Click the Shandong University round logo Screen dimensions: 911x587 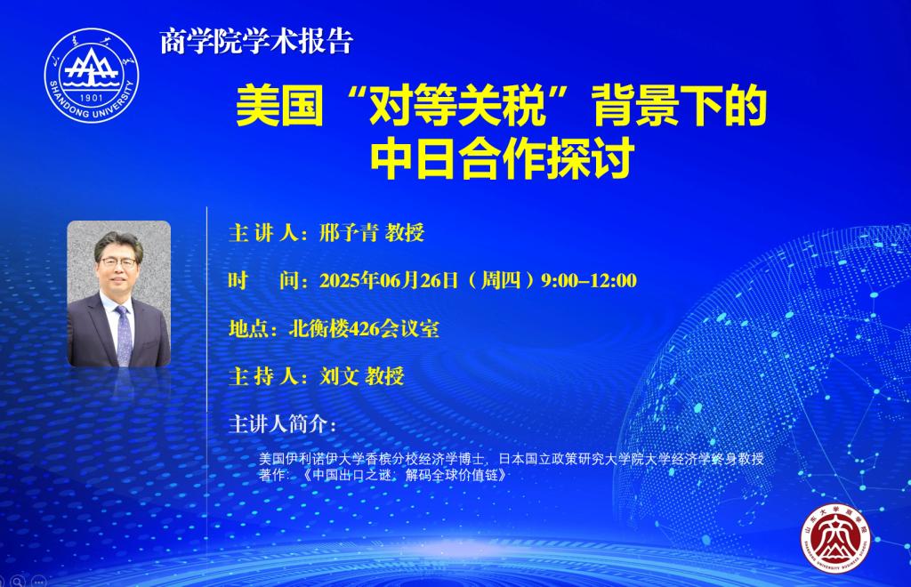pos(92,75)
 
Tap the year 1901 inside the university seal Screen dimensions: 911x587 pos(92,98)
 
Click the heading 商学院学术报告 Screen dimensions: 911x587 pos(256,42)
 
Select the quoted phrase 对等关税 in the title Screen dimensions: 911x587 pos(457,106)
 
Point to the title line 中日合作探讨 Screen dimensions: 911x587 pos(503,159)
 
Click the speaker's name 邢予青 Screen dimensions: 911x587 pos(349,233)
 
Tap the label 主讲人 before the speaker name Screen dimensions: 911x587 pos(263,233)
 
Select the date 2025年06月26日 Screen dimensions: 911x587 pos(390,280)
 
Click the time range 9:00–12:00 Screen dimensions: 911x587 pos(589,280)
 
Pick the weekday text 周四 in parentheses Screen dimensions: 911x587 pos(501,280)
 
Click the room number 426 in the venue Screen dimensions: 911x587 pos(364,328)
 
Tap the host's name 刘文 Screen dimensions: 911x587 pos(339,376)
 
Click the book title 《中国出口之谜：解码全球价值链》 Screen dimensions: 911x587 pos(405,475)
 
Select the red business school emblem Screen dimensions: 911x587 pos(835,538)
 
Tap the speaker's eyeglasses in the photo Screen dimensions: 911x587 pos(118,261)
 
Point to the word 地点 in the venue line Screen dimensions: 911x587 pos(249,328)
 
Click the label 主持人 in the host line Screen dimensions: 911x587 pos(263,376)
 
